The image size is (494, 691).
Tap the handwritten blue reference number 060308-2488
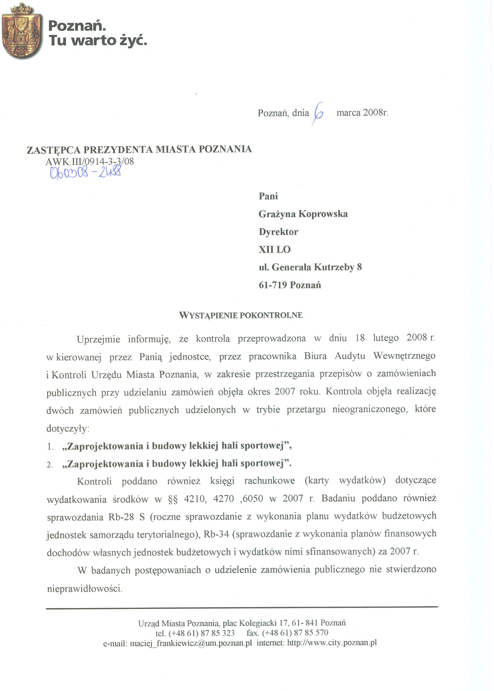(85, 172)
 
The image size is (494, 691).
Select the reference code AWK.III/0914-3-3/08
(90, 161)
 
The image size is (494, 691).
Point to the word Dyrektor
(278, 232)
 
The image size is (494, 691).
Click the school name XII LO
(275, 250)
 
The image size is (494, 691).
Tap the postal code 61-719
(273, 285)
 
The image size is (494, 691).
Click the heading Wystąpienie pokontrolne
(241, 315)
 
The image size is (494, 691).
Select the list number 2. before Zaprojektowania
(50, 465)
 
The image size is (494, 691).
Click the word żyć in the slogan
(133, 41)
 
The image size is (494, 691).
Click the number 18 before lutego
(360, 337)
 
